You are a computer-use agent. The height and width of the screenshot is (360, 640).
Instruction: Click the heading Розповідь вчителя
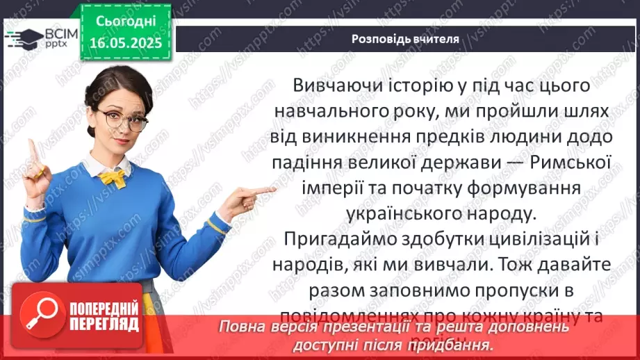(x=404, y=39)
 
